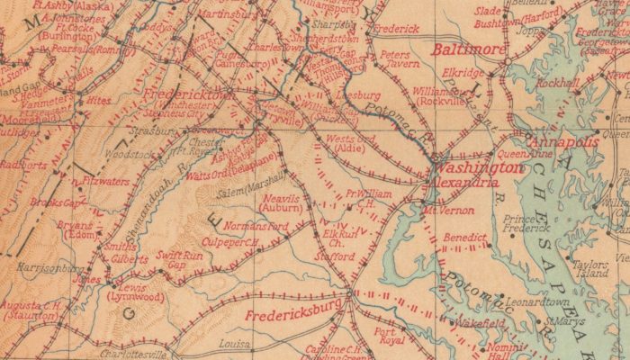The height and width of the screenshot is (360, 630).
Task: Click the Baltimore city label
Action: (x=468, y=49)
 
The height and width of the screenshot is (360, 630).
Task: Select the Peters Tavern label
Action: (x=396, y=59)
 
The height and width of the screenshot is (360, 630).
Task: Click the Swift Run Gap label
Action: (x=175, y=261)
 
